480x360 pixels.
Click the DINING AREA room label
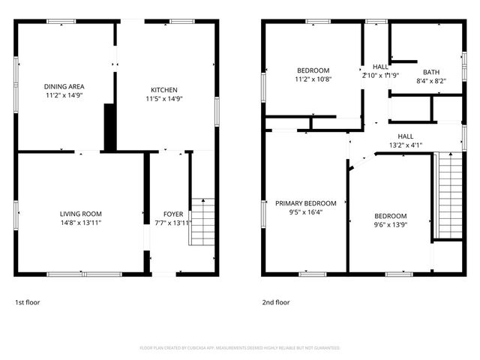click(63, 87)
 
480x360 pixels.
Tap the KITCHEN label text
click(163, 88)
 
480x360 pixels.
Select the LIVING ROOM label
click(80, 213)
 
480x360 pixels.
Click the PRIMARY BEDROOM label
click(305, 203)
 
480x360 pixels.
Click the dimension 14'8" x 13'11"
click(80, 223)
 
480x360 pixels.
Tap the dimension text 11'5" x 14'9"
click(163, 98)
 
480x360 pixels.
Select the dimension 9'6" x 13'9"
click(390, 224)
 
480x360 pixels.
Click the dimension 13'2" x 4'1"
click(406, 145)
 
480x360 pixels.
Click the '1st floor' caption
click(28, 302)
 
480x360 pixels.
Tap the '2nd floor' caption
click(275, 302)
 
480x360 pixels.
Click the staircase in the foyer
click(202, 221)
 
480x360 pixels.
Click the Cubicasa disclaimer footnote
click(240, 348)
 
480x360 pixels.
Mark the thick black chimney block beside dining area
click(109, 127)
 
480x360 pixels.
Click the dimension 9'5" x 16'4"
click(305, 212)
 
